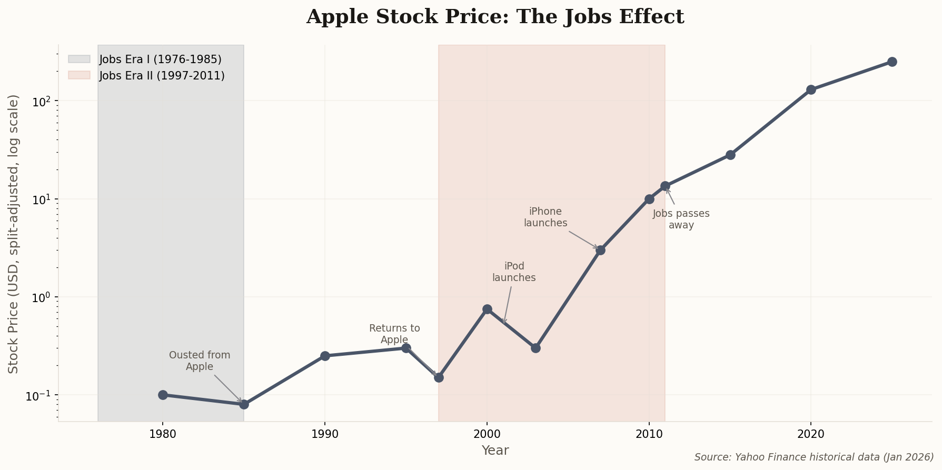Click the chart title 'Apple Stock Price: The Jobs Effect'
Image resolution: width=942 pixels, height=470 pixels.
pos(495,17)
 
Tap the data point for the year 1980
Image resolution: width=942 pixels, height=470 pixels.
pos(163,395)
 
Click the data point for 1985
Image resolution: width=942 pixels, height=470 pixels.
pos(244,404)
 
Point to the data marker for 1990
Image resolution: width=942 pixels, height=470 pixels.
pos(325,356)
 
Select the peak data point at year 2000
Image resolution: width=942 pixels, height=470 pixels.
pos(487,309)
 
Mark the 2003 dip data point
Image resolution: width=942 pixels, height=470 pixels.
pos(536,348)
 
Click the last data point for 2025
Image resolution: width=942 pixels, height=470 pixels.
pos(892,62)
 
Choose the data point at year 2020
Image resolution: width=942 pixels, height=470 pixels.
pos(811,89)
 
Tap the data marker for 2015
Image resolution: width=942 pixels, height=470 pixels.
pos(730,155)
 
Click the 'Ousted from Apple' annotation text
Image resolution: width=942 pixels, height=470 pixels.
pos(200,361)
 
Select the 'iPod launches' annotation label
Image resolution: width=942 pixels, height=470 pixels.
pos(514,272)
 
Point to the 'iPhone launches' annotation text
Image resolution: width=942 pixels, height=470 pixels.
pos(546,217)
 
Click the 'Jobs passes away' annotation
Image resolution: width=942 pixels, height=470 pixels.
pos(681,219)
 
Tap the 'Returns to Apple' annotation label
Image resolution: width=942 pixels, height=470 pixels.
pos(394,334)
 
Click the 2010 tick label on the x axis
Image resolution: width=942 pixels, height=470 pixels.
pos(649,435)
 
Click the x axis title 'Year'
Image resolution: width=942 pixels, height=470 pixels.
pos(495,451)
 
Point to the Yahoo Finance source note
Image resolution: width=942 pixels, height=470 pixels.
pos(814,457)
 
